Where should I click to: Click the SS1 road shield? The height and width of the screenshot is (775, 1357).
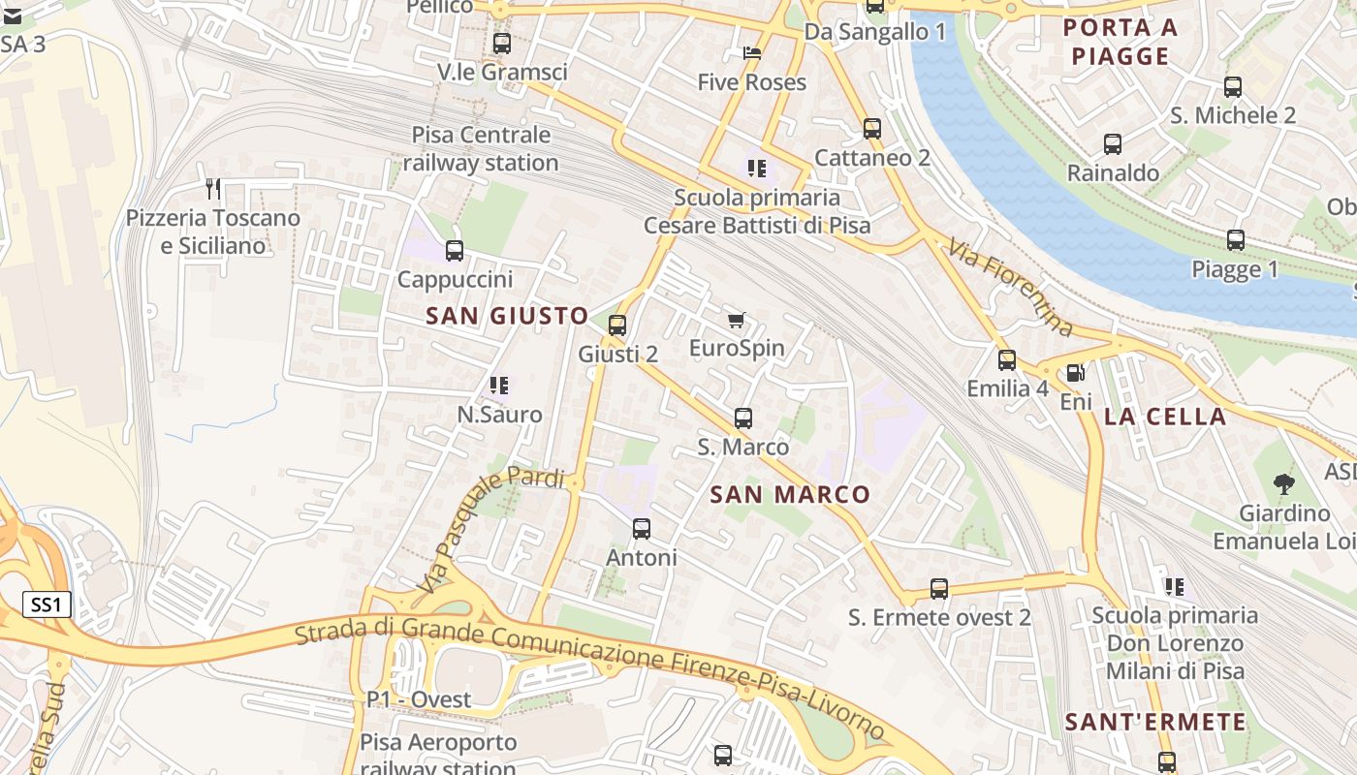47,605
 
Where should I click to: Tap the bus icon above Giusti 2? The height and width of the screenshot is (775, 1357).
617,325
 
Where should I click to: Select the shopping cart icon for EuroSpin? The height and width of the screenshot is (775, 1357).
737,320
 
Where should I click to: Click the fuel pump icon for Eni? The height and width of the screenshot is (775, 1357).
1075,373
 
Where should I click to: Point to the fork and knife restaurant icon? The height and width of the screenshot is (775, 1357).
213,189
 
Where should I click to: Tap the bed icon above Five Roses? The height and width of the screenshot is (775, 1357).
752,53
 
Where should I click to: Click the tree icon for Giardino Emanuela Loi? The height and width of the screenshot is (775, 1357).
1284,483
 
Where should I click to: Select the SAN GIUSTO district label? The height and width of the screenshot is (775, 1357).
507,316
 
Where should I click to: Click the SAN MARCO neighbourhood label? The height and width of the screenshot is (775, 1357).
790,495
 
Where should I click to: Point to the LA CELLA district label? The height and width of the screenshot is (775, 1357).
1165,418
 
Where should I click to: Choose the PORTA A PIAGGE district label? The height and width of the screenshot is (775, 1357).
1120,42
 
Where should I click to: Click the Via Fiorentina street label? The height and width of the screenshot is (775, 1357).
1011,288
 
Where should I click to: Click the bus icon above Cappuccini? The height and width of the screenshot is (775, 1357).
454,251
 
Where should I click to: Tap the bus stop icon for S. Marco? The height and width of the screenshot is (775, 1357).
743,418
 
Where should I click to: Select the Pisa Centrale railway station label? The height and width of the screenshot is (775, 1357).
481,148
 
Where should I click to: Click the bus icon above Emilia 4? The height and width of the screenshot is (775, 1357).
1007,360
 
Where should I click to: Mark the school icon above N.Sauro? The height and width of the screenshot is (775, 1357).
499,386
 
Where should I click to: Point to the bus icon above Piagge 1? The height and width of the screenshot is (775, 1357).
1235,240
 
